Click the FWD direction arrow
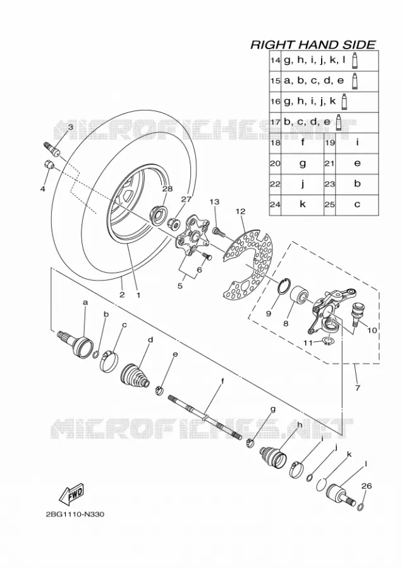point(72,494)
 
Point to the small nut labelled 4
point(49,164)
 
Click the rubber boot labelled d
point(135,375)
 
